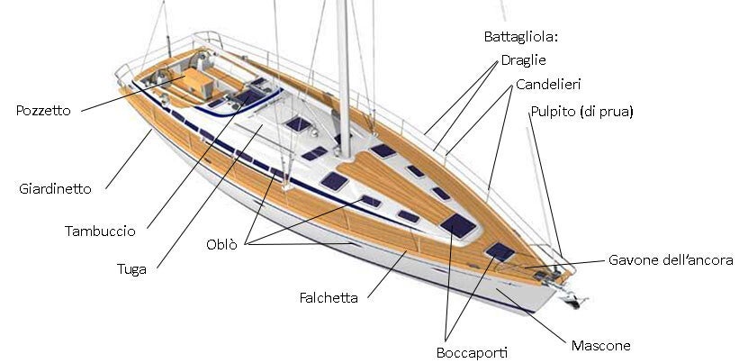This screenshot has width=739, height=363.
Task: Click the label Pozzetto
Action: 44,110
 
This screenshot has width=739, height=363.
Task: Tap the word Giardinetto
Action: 55,189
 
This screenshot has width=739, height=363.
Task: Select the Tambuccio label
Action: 100,231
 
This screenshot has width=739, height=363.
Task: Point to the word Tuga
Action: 132,268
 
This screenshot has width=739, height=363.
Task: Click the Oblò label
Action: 221,244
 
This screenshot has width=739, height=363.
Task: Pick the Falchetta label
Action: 329,297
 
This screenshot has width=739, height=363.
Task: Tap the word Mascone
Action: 600,345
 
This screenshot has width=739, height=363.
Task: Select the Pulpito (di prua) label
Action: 581,112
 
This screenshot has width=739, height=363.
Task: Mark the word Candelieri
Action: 548,84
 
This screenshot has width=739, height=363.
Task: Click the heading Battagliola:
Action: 521,37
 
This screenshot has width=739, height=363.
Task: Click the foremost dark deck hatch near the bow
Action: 500,250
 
